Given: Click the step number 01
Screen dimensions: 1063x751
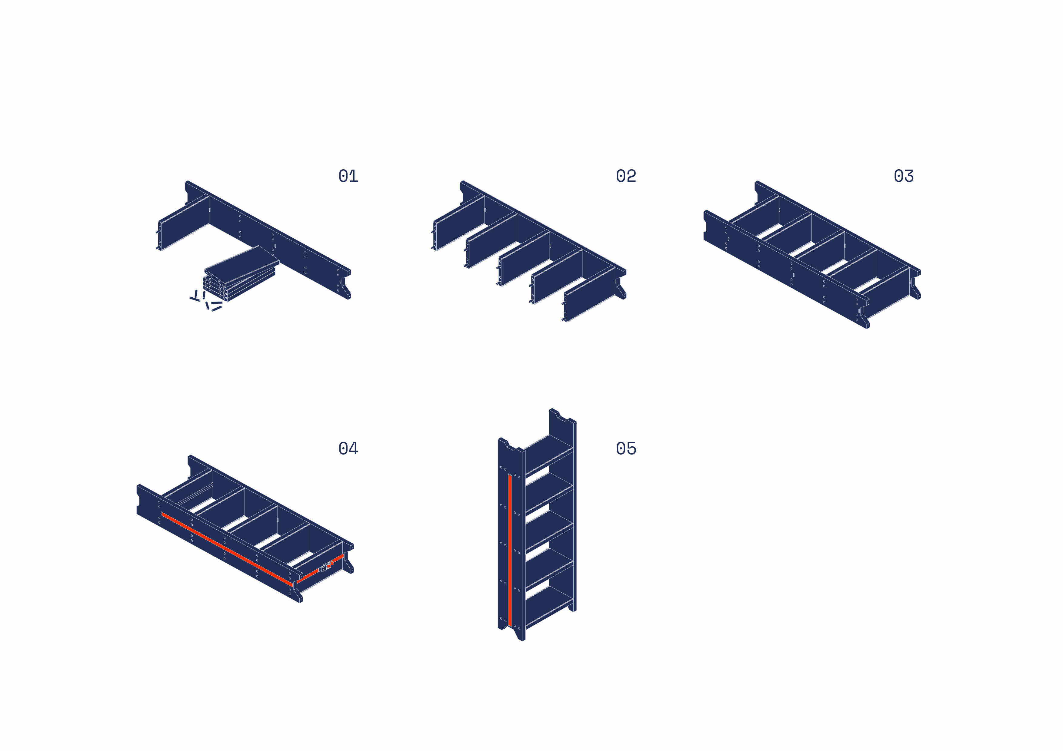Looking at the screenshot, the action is pos(348,176).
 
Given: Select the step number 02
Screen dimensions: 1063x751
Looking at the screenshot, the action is pos(626,176).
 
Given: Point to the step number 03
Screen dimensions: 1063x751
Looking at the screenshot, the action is pos(904,176).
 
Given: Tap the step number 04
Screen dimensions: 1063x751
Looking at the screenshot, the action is pos(348,449).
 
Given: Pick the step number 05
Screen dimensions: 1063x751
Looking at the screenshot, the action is pos(626,449).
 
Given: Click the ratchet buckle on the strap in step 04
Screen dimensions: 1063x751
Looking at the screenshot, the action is pos(326,566).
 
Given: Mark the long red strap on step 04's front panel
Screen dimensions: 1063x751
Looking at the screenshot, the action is pos(227,549).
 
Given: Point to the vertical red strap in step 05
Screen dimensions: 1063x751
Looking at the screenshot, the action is pos(510,551).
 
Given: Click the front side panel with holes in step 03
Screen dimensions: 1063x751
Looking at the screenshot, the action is pos(786,269).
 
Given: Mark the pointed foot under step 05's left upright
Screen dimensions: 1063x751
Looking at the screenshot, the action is pos(519,634).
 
